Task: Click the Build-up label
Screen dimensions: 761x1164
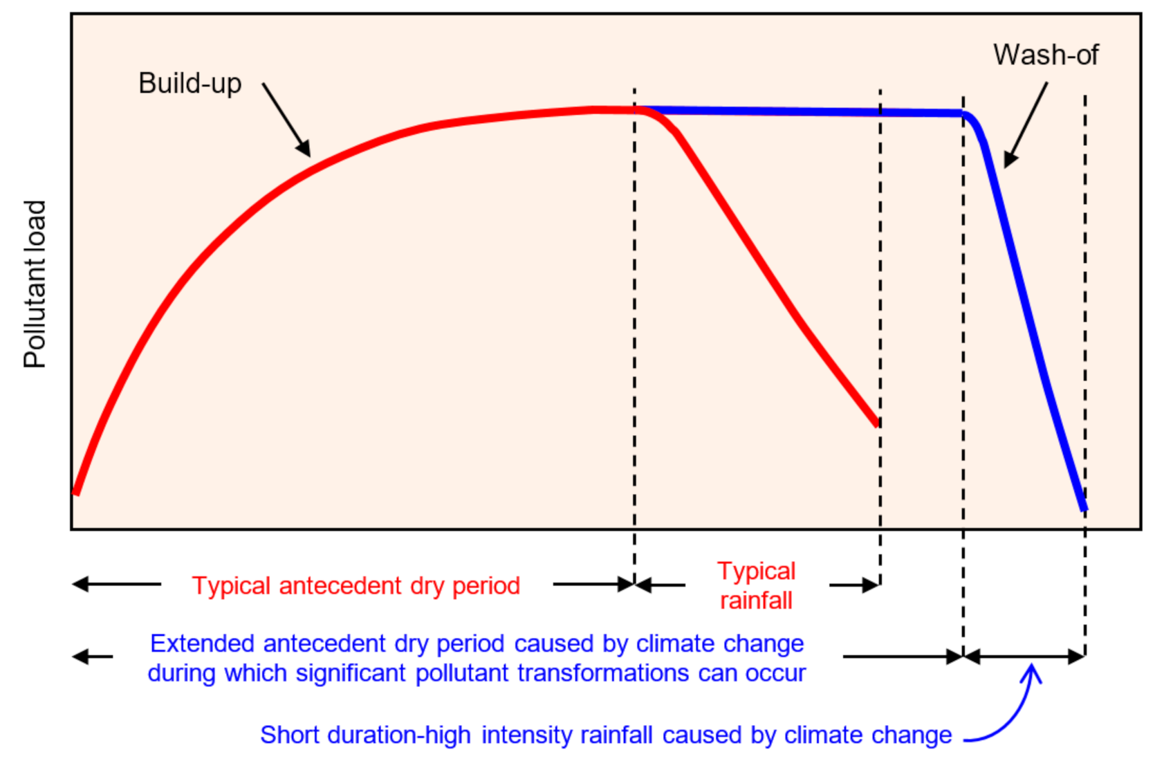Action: pos(190,84)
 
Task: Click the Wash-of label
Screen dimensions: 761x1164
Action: pos(1045,55)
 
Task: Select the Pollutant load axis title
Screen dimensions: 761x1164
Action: pos(35,284)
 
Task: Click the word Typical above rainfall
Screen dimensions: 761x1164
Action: pos(756,571)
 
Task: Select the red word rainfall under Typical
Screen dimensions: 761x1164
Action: pos(756,600)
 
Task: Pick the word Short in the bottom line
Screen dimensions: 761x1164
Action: pos(290,735)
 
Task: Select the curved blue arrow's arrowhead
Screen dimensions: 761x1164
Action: pos(1032,671)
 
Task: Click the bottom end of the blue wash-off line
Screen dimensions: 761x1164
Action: pos(1084,508)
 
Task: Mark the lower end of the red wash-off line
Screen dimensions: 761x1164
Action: pos(876,423)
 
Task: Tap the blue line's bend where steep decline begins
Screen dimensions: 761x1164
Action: pos(970,118)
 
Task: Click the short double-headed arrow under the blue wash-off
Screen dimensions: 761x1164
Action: pos(1024,657)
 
